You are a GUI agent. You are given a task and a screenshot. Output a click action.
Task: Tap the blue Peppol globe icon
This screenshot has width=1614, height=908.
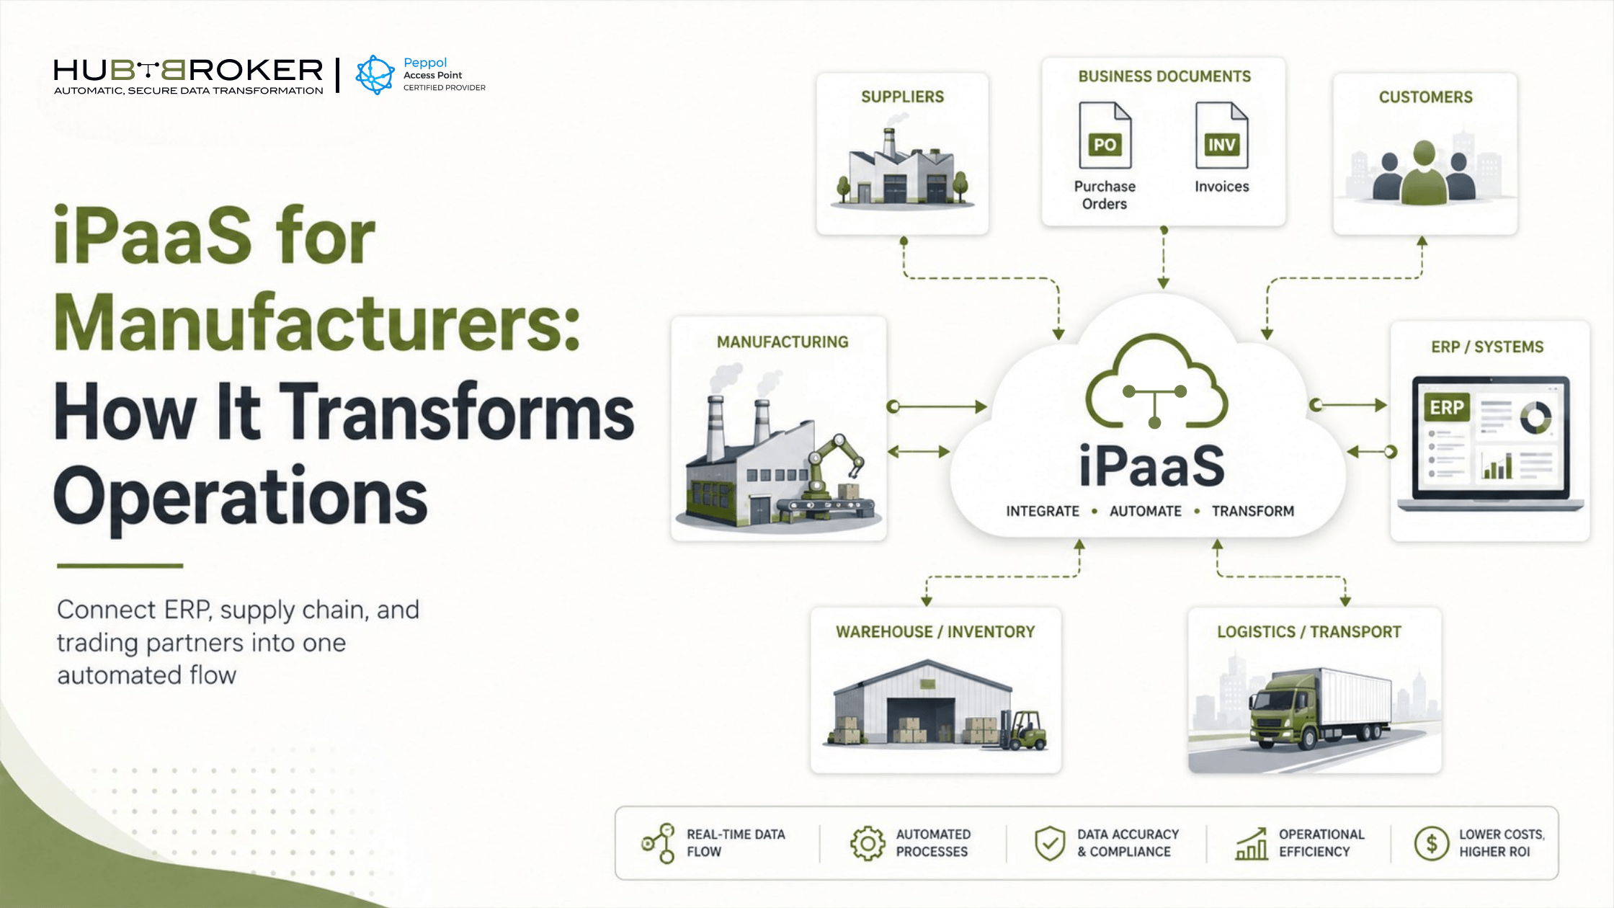[x=375, y=75]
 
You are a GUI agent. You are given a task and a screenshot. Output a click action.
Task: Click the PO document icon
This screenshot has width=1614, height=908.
[x=1105, y=135]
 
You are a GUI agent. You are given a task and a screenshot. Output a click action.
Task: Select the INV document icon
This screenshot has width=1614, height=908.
[x=1221, y=135]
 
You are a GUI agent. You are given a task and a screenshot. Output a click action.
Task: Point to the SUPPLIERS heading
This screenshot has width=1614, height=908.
[x=902, y=97]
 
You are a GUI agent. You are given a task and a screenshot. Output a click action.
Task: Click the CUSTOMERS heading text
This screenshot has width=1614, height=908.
[x=1425, y=97]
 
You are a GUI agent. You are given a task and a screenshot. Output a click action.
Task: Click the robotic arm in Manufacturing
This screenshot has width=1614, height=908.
[x=836, y=465]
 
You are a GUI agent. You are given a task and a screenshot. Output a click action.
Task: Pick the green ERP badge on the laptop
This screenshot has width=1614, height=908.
[x=1446, y=408]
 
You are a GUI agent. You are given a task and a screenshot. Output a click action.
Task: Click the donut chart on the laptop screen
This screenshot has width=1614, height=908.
[x=1535, y=417]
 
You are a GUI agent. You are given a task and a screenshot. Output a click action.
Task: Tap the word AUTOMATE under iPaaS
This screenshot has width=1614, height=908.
[x=1145, y=511]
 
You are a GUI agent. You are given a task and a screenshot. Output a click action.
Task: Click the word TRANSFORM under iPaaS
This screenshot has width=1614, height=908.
[x=1252, y=511]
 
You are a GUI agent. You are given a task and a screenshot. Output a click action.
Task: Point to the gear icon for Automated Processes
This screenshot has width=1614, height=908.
[x=868, y=843]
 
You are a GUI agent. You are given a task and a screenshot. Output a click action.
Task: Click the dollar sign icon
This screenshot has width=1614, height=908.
[x=1432, y=843]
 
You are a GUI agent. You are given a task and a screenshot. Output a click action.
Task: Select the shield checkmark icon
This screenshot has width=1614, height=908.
[x=1050, y=843]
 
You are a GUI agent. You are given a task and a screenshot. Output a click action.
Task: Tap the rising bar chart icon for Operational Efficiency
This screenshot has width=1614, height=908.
[x=1252, y=843]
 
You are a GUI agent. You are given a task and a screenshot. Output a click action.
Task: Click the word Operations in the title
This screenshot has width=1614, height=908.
[x=240, y=497]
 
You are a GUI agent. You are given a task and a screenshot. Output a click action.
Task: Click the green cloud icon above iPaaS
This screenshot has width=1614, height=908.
[x=1156, y=381]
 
